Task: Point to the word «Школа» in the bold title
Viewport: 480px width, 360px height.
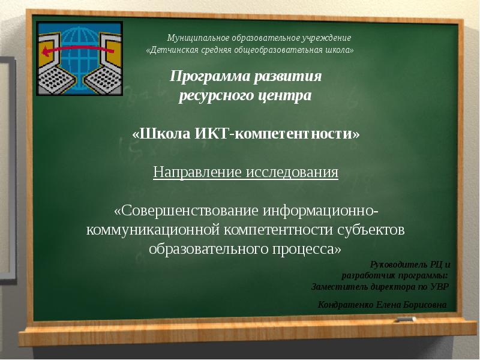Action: pos(161,133)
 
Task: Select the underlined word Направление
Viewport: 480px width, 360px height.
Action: pos(197,173)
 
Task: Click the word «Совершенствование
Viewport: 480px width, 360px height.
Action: pos(185,212)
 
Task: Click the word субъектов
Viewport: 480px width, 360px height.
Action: pos(371,230)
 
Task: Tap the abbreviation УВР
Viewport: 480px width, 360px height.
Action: pos(440,286)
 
